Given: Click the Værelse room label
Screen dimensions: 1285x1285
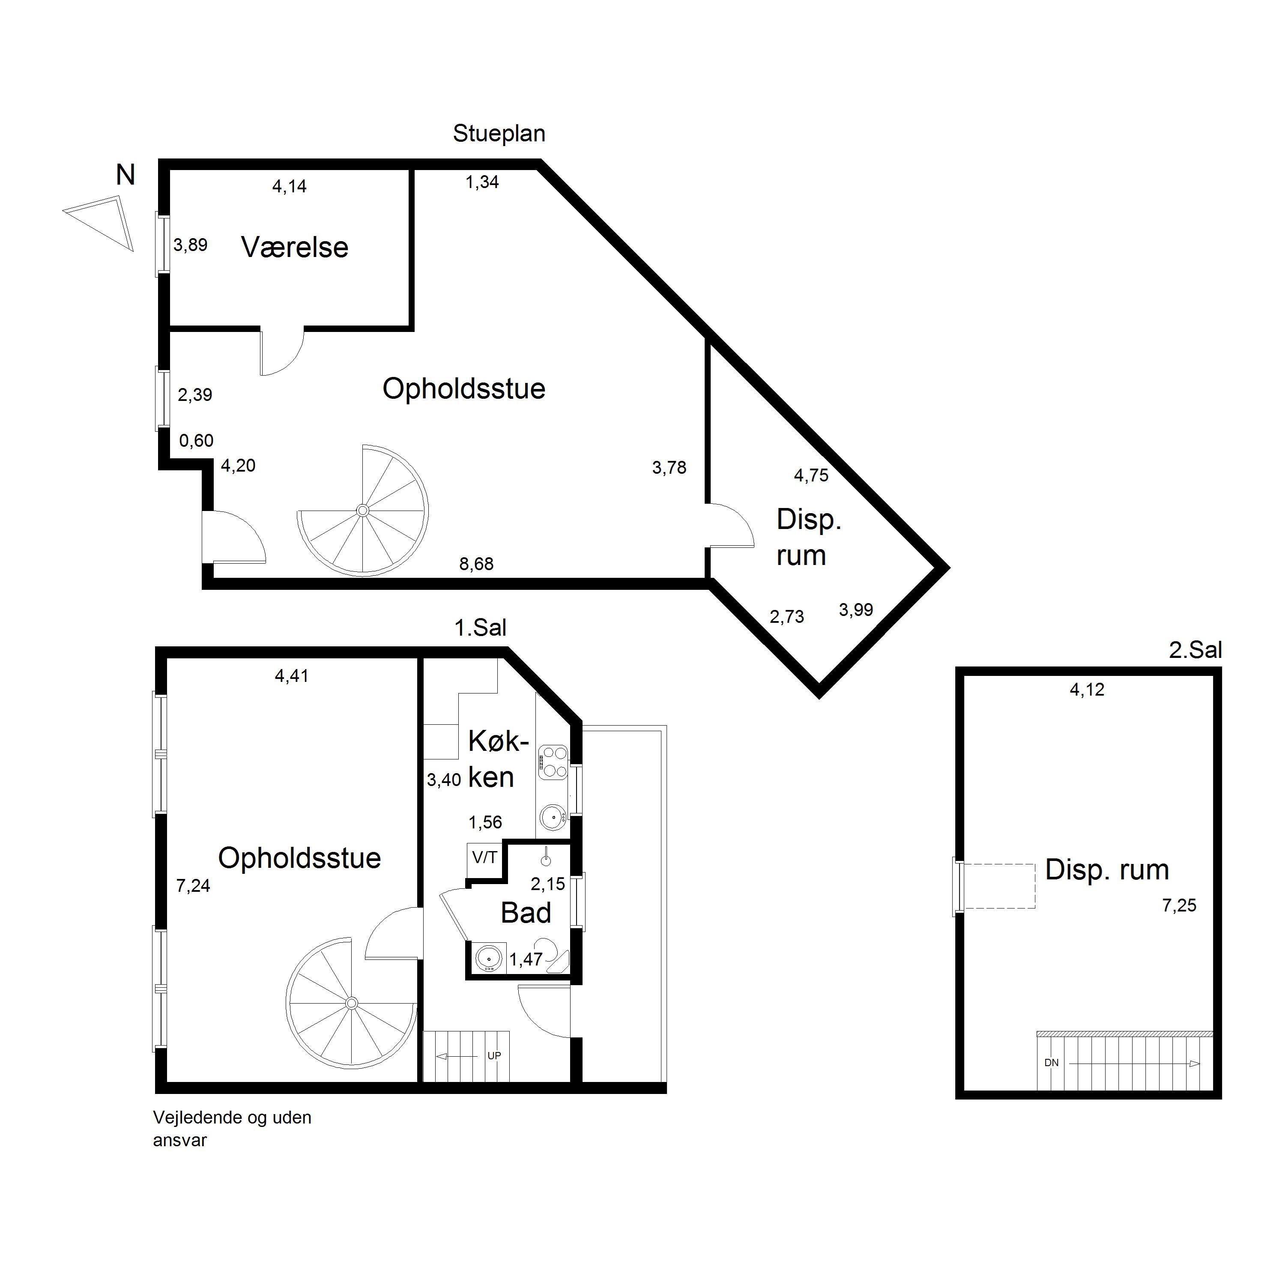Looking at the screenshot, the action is tap(295, 248).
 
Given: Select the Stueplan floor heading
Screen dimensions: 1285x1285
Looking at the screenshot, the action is tap(499, 134).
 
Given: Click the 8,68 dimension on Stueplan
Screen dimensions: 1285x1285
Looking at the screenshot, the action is tap(476, 564).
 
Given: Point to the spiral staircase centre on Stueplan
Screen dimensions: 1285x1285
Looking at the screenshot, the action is tap(362, 510).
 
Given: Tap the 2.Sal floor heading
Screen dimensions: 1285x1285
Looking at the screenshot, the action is tap(1195, 650).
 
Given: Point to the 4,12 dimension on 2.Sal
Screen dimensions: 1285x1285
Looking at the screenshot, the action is tap(1087, 690).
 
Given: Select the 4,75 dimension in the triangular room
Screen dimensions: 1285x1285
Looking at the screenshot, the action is tap(811, 475).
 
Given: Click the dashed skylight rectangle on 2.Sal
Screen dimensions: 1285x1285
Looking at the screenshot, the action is tap(998, 886).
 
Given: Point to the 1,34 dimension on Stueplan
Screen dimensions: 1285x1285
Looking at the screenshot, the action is tap(482, 182).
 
